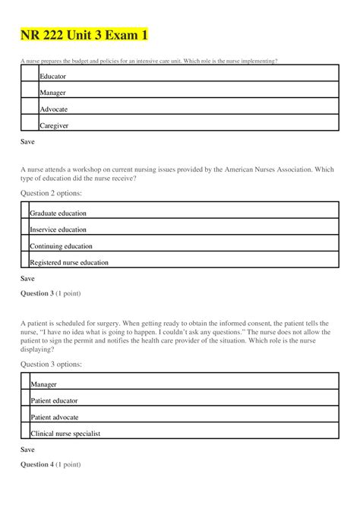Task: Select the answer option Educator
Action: coord(52,77)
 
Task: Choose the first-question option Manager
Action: coord(52,93)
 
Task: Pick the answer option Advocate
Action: coord(53,109)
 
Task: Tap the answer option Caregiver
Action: coord(54,126)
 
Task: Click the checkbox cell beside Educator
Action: coord(30,74)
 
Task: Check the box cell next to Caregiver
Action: coord(30,124)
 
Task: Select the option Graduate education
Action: coord(58,213)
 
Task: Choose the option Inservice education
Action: coord(58,229)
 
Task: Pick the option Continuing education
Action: coord(61,246)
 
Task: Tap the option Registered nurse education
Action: coord(68,263)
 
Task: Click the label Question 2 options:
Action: coord(50,194)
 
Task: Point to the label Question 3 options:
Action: coord(50,364)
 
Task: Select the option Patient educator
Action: coord(54,400)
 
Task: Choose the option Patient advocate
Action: coord(54,417)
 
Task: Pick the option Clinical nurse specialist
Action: coord(65,434)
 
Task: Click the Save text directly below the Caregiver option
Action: coord(27,142)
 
